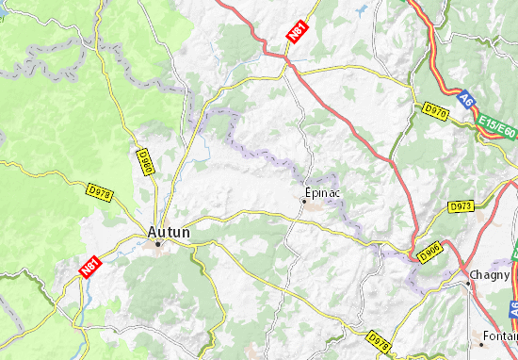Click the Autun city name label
pos(169,230)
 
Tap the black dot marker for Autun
pos(158,244)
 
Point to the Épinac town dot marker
pos(304,200)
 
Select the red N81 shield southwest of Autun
pos(89,268)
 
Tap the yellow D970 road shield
pos(434,110)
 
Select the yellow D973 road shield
pos(461,205)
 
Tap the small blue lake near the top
pos(362,11)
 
